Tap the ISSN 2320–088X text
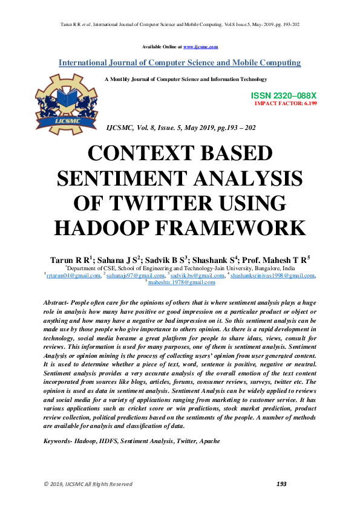point(283,96)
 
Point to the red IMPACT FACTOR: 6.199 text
point(286,103)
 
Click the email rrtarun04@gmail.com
point(73,276)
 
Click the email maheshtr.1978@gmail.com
point(182,282)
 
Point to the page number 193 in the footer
point(281,484)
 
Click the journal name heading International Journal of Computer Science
point(179,63)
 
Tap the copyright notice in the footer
point(87,484)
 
